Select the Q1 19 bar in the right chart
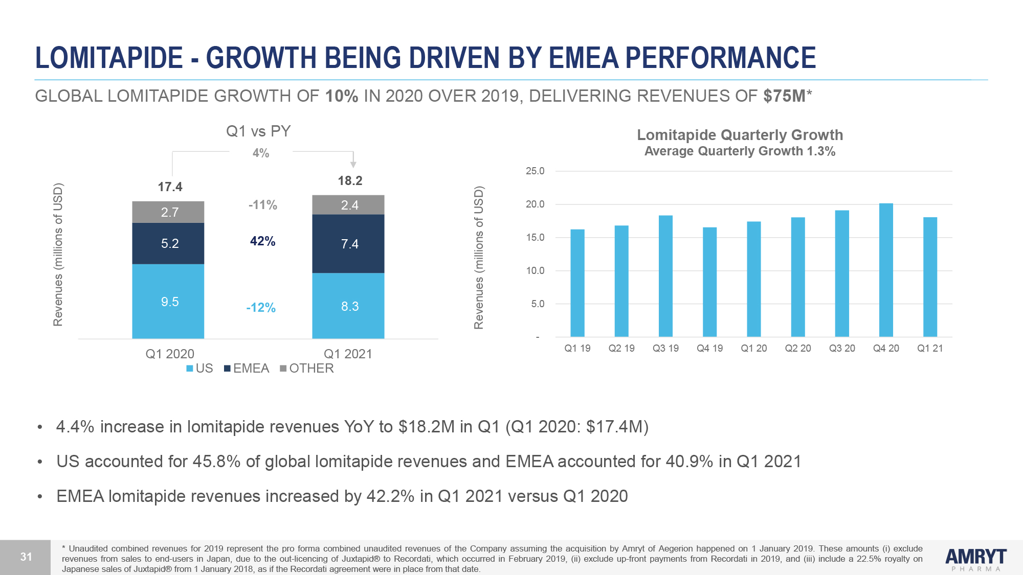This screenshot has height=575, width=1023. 577,283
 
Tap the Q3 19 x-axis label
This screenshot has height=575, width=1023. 665,349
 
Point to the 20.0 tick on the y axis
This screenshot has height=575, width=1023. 535,204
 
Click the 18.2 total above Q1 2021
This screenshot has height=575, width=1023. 350,181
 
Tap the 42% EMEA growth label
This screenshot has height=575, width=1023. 262,241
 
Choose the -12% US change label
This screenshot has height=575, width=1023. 261,308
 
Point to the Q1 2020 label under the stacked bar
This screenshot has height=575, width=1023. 170,354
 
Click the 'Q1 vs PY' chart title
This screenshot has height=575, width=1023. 258,131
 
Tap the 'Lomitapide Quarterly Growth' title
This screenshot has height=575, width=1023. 740,135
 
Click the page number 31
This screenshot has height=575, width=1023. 26,557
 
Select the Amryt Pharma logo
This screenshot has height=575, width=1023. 975,559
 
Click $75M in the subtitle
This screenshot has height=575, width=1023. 784,96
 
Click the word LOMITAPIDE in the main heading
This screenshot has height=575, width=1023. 109,57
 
